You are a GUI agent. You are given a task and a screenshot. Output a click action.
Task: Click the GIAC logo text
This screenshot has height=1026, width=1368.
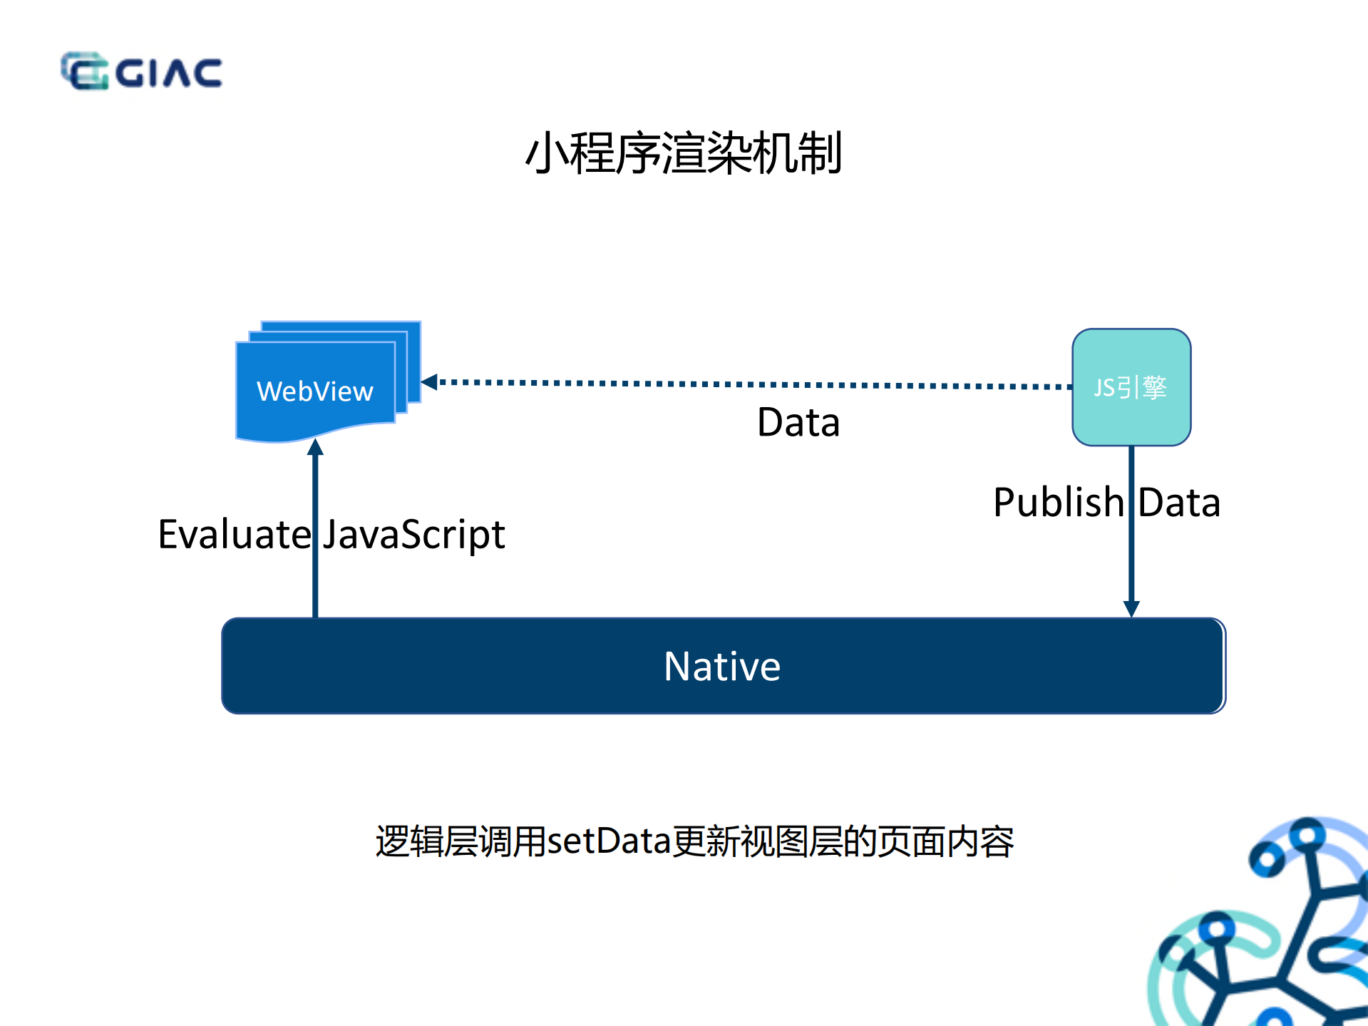click(x=169, y=73)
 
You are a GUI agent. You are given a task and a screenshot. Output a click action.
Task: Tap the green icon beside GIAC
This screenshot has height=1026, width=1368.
click(x=84, y=71)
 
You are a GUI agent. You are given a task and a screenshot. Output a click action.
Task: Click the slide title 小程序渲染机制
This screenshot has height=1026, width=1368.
click(x=684, y=153)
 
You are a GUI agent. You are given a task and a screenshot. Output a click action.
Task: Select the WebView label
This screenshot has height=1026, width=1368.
click(x=314, y=391)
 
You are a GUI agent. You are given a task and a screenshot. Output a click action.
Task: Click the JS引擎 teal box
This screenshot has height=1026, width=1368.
click(x=1131, y=387)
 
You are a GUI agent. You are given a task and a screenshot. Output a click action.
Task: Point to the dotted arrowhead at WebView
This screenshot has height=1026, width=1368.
click(x=429, y=381)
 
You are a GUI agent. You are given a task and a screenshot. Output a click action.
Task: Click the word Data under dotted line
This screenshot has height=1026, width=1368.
click(x=798, y=422)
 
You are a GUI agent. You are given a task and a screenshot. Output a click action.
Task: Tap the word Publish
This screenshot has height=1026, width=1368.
click(x=1058, y=502)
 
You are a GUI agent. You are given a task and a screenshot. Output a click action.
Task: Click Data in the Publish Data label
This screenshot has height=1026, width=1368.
click(x=1179, y=502)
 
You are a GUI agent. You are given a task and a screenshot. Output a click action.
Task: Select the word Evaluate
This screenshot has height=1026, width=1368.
click(x=234, y=534)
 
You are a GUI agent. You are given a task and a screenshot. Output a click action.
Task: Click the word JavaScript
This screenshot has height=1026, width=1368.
click(x=413, y=535)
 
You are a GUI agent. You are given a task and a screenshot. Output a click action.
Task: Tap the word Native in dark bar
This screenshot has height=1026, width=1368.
click(x=721, y=666)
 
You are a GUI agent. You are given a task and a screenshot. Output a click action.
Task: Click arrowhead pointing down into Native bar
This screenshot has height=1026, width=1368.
click(x=1131, y=608)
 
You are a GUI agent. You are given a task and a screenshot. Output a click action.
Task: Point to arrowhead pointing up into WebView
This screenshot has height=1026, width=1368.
click(x=315, y=448)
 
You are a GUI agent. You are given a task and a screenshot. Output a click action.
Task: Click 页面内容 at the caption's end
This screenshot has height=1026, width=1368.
click(x=945, y=841)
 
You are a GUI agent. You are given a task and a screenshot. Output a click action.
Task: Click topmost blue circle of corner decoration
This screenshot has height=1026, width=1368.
click(x=1307, y=831)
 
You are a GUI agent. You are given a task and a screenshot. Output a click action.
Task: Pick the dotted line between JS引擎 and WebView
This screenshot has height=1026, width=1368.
click(x=749, y=384)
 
